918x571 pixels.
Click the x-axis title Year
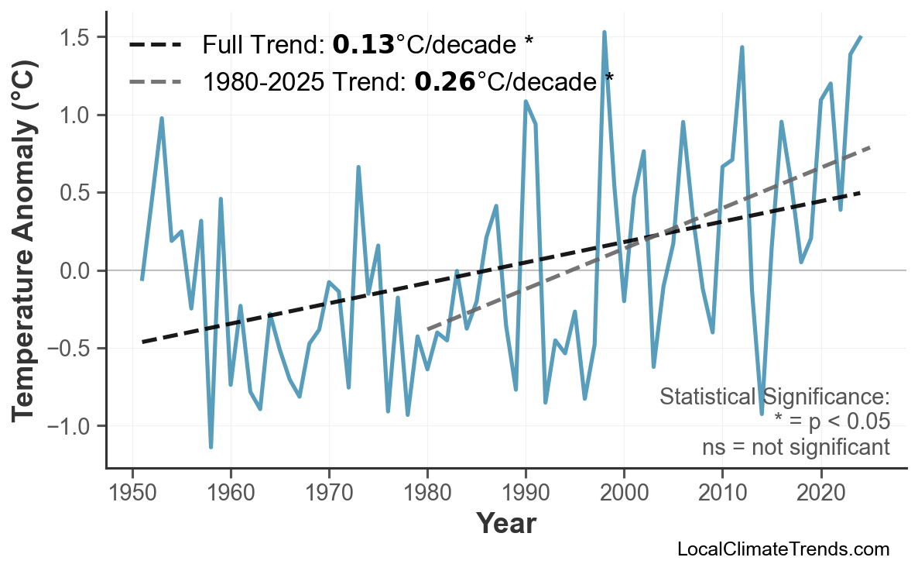coord(505,524)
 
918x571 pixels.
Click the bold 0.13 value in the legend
coord(363,45)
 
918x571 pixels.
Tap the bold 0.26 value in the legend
coord(445,81)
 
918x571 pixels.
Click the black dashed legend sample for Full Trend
coord(155,45)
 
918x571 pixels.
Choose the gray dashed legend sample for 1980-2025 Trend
coord(155,81)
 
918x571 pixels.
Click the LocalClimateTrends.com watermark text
coord(783,549)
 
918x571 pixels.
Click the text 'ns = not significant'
coord(795,447)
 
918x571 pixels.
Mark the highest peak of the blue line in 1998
coord(605,33)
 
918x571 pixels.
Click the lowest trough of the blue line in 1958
coord(211,447)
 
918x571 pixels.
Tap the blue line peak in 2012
coord(742,47)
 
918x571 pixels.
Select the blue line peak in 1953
coord(162,119)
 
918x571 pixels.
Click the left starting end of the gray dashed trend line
coord(428,329)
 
